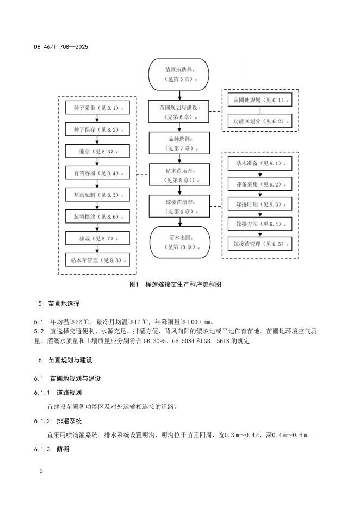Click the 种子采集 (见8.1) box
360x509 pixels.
click(97, 108)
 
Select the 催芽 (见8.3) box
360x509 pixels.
click(97, 151)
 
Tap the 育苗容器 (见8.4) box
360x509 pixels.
click(97, 173)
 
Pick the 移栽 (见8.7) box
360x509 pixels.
click(97, 238)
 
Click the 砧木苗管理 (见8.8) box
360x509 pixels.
click(97, 260)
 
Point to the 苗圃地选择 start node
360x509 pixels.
click(179, 75)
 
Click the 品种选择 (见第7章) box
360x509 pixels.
click(179, 143)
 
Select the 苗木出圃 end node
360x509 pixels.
click(179, 242)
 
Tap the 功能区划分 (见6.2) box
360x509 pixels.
click(260, 122)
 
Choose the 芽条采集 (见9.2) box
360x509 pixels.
click(260, 184)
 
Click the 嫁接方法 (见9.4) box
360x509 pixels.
click(260, 224)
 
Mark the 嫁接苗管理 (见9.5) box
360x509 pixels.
click(260, 243)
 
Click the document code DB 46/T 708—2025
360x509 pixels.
click(61, 47)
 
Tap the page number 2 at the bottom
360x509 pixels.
click(41, 470)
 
